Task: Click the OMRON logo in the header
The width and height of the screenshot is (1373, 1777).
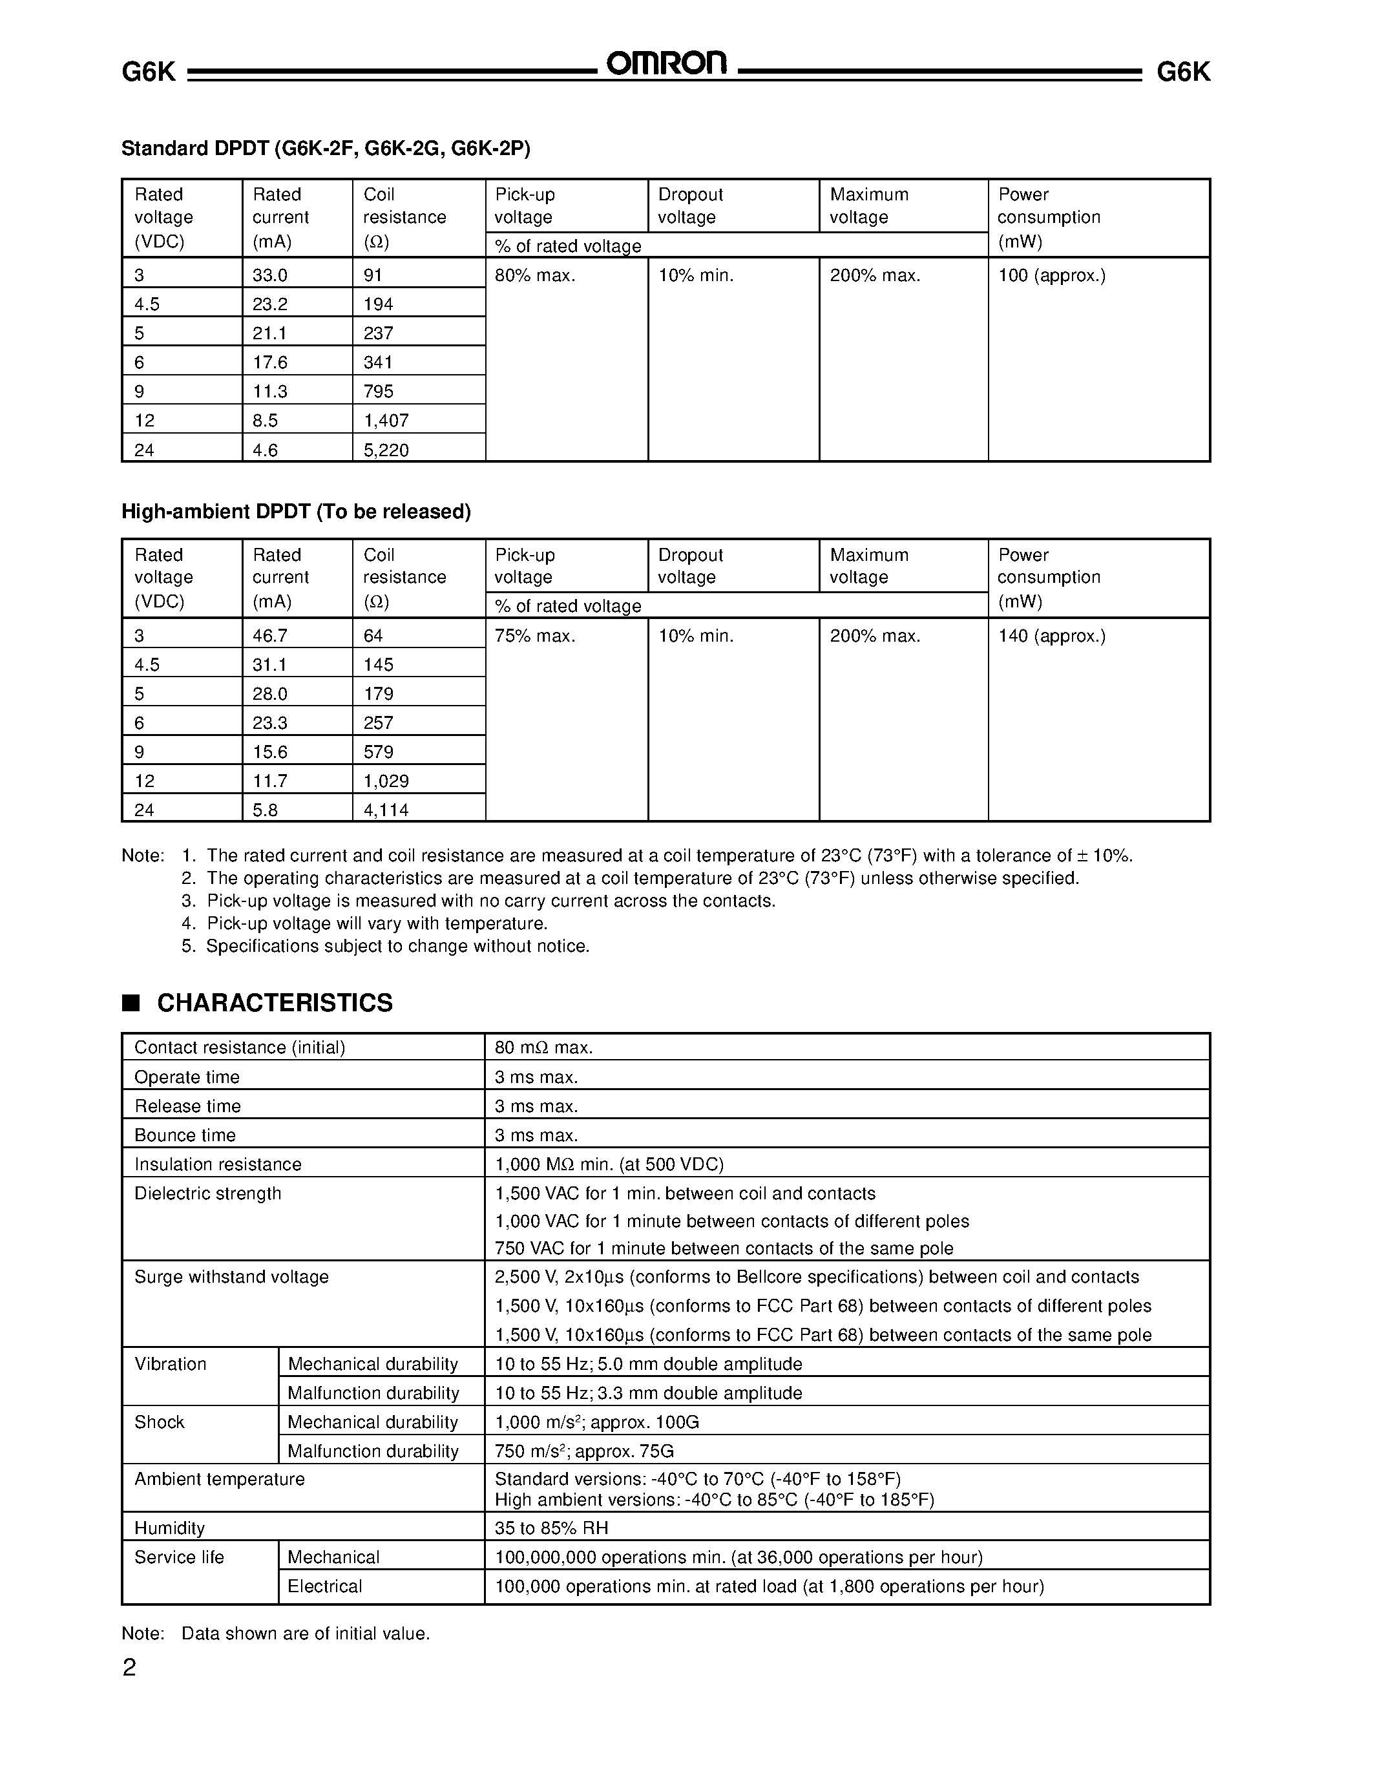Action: pyautogui.click(x=667, y=64)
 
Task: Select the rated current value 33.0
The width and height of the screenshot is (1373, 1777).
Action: pyautogui.click(x=270, y=276)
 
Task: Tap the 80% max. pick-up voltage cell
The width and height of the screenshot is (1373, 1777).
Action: pyautogui.click(x=535, y=276)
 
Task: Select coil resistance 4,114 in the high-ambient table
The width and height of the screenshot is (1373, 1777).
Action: pyautogui.click(x=386, y=810)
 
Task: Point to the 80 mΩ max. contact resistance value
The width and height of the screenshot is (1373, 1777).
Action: pyautogui.click(x=543, y=1048)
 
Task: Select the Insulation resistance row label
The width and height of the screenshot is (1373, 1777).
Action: pyautogui.click(x=217, y=1164)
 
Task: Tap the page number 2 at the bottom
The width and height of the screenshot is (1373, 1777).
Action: pyautogui.click(x=129, y=1668)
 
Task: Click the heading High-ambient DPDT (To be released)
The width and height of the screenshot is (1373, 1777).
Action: pyautogui.click(x=296, y=512)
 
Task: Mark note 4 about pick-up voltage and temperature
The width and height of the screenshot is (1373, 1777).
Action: pyautogui.click(x=377, y=923)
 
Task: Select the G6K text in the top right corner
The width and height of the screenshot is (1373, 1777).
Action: pyautogui.click(x=1182, y=72)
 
